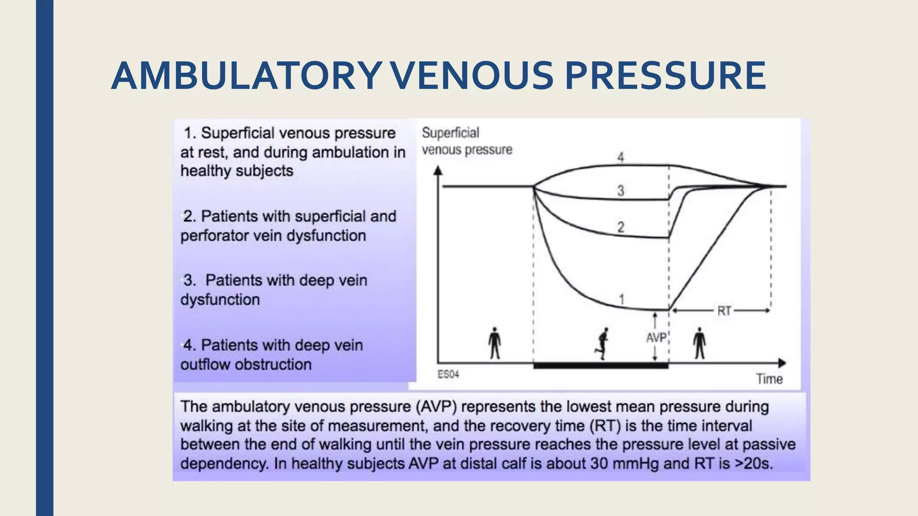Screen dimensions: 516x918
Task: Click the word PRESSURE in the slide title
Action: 665,76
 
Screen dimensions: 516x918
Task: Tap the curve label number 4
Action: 620,157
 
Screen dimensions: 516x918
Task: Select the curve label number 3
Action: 620,191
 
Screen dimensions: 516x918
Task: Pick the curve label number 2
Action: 620,227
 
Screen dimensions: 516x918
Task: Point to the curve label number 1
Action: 622,299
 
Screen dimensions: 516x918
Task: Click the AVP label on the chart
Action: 656,338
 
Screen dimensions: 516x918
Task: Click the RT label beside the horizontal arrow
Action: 724,310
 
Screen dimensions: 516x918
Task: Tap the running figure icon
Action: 602,344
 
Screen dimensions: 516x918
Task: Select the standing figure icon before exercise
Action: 494,343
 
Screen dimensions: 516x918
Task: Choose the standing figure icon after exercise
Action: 699,343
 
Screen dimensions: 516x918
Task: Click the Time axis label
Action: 769,379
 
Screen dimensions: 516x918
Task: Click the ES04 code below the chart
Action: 448,374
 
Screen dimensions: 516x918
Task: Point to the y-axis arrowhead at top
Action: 438,170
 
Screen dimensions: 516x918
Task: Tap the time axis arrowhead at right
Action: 782,363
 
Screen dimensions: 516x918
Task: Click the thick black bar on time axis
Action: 601,365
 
